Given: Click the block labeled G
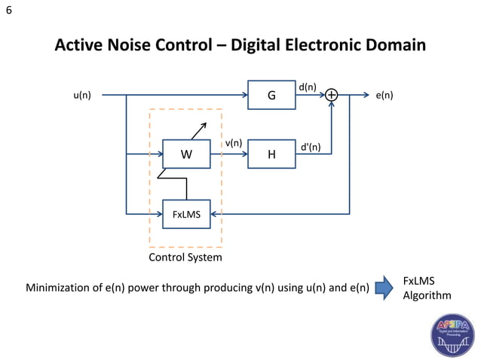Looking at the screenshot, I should pyautogui.click(x=271, y=96).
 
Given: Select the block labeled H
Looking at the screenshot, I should pyautogui.click(x=271, y=154).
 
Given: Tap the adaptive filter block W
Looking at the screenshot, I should pyautogui.click(x=186, y=154).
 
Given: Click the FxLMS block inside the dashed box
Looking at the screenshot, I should pyautogui.click(x=186, y=214).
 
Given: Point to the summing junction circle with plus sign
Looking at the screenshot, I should pyautogui.click(x=331, y=96).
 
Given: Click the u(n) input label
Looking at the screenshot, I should pyautogui.click(x=82, y=96).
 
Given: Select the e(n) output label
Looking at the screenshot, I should pyautogui.click(x=384, y=96).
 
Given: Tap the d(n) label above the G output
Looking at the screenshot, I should pyautogui.click(x=307, y=87).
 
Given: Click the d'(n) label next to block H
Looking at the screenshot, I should pyautogui.click(x=311, y=146).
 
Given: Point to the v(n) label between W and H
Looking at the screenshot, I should pyautogui.click(x=233, y=143).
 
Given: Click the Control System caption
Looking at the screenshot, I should pyautogui.click(x=185, y=258).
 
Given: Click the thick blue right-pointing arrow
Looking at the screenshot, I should pyautogui.click(x=384, y=287).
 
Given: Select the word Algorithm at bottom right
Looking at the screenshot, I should pyautogui.click(x=427, y=295).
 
